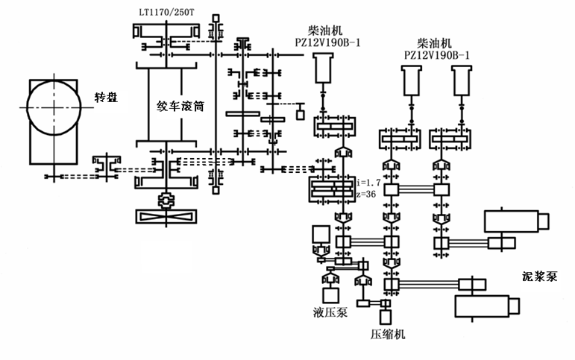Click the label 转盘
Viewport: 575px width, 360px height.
point(107,98)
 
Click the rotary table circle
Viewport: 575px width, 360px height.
point(54,80)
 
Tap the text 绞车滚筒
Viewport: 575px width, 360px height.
point(180,107)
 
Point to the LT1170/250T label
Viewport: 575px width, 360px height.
point(166,13)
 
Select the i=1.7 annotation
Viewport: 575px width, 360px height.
point(369,182)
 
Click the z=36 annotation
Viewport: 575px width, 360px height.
point(366,194)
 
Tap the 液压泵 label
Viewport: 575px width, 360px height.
point(330,312)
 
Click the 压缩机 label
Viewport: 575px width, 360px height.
point(388,335)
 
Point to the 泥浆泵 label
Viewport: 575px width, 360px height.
point(540,277)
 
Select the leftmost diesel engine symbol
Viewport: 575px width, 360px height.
point(323,68)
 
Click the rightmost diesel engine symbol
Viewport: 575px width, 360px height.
point(462,80)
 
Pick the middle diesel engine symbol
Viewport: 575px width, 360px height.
point(412,80)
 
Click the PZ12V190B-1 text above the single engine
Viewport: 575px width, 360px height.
point(327,43)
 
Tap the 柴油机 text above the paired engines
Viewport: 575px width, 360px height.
point(435,44)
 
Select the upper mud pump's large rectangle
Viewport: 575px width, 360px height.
point(511,221)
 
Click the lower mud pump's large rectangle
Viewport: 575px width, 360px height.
point(483,306)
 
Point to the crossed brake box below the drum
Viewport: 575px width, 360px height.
point(166,216)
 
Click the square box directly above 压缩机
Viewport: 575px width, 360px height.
point(386,318)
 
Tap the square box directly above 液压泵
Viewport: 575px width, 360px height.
point(331,295)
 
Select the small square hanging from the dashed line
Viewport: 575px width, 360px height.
point(301,115)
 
